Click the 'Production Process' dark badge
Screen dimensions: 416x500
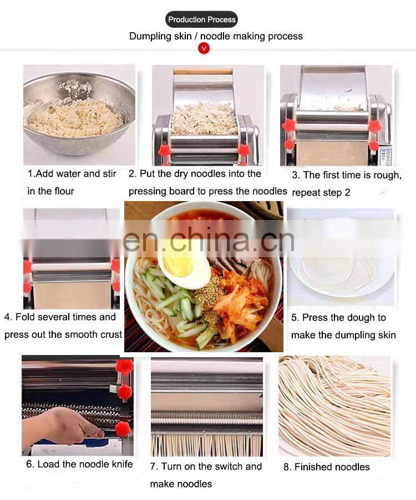tap(201, 19)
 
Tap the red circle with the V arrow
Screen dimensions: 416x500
tap(204, 48)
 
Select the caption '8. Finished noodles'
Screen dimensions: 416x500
tap(327, 467)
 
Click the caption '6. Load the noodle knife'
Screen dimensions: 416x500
tap(79, 464)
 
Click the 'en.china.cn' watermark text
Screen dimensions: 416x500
tap(209, 240)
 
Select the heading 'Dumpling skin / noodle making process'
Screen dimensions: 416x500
tap(216, 36)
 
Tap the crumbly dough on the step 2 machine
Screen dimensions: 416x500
tap(204, 118)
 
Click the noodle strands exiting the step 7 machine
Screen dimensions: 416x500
tap(207, 445)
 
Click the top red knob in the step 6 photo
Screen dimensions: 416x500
tap(124, 367)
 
